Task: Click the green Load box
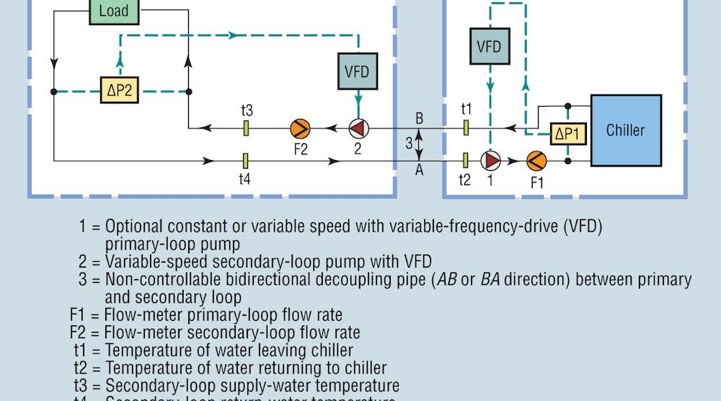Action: pos(114,11)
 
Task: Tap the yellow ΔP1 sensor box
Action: pos(568,132)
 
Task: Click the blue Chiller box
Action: pos(625,131)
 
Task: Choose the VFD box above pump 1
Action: pos(489,47)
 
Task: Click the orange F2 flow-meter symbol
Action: pos(300,129)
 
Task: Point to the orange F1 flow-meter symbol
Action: pos(536,160)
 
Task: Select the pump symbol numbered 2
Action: pos(358,129)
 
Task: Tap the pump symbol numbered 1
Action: pos(491,160)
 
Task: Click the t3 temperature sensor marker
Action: pos(246,128)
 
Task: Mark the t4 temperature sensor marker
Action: pos(246,160)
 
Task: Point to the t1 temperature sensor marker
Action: pos(466,128)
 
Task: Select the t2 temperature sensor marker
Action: pos(466,160)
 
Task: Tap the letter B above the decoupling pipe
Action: pos(420,117)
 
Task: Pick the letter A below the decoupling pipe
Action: pos(420,171)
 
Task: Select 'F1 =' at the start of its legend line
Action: pos(84,315)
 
